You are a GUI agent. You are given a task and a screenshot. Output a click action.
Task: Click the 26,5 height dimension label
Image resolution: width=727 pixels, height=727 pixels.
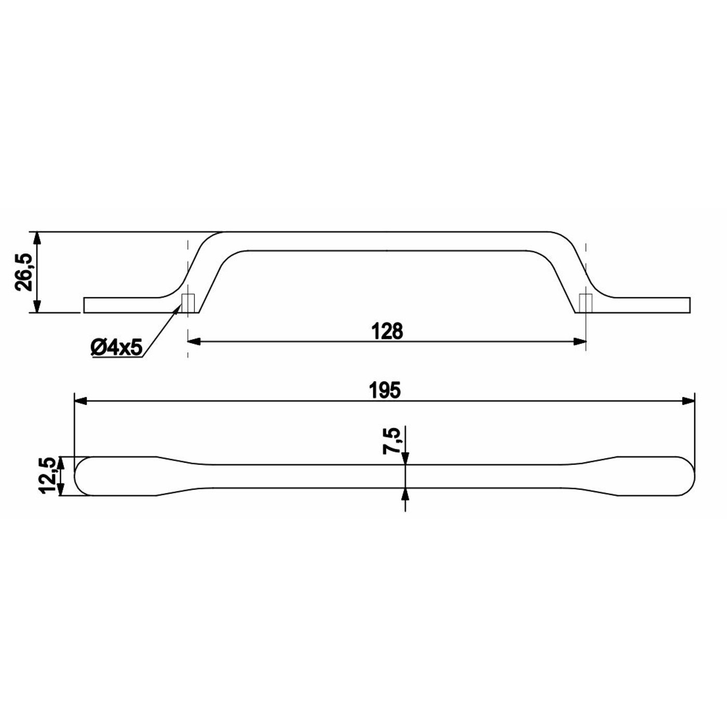[23, 272]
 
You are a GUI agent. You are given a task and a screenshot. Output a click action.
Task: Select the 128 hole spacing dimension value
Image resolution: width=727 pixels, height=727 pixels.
[387, 331]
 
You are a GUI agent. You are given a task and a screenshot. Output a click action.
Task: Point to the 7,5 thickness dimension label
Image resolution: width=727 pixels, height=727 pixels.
[391, 441]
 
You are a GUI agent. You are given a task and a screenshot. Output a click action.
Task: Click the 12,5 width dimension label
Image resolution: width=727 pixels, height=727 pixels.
[48, 476]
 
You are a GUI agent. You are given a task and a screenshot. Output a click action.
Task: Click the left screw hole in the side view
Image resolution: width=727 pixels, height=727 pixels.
[187, 303]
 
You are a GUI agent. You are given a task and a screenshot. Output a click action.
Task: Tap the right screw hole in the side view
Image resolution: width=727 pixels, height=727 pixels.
[586, 303]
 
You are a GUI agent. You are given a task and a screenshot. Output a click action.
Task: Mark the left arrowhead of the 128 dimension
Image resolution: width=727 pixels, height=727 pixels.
[194, 341]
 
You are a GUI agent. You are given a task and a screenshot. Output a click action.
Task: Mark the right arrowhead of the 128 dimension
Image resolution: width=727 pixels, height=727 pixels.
[580, 341]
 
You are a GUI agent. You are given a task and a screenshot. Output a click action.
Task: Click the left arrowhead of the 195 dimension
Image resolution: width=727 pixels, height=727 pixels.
[81, 400]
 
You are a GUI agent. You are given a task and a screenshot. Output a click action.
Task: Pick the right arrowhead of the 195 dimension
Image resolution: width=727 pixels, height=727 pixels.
[688, 400]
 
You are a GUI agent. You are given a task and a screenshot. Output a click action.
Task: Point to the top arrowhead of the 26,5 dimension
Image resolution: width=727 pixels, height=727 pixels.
[36, 238]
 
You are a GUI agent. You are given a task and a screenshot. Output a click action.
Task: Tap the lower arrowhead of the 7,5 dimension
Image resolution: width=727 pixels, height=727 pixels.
[405, 494]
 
